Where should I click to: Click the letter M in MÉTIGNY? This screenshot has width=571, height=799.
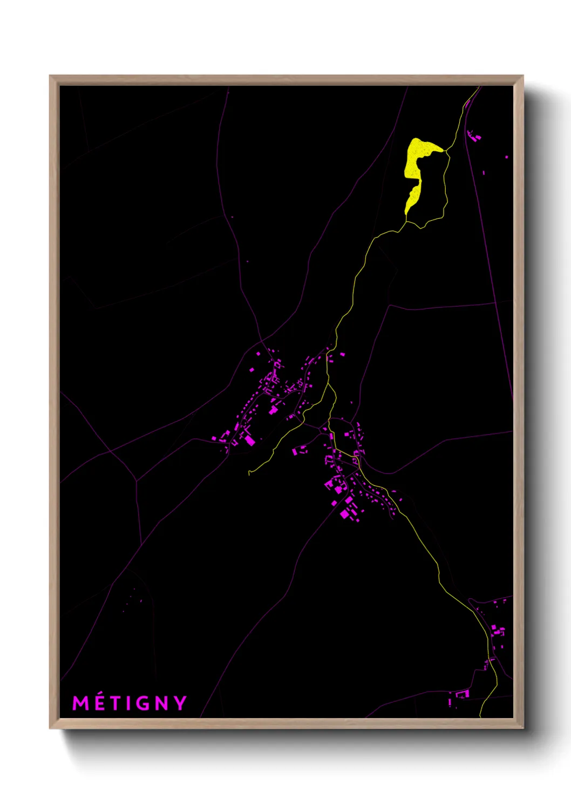[80, 703]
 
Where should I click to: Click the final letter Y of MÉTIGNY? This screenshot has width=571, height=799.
[181, 703]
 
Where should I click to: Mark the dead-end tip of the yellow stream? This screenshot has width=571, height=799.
[249, 473]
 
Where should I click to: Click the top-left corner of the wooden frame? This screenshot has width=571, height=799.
[50, 76]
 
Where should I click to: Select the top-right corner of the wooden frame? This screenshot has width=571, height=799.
[522, 76]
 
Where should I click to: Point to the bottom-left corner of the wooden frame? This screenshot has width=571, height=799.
[50, 728]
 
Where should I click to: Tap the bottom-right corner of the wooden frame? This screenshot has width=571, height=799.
[522, 728]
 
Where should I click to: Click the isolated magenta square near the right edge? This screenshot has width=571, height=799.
[506, 157]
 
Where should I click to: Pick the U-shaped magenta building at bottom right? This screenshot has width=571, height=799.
[463, 694]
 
